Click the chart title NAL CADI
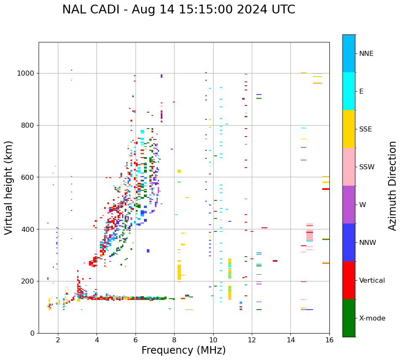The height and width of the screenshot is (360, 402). coord(178,10)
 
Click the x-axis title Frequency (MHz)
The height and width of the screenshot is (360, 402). coord(183,350)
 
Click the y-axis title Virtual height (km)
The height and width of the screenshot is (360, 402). coord(9,187)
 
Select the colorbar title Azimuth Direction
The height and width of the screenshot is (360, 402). coord(392,185)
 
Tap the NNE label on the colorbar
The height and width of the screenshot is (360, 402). coord(366,54)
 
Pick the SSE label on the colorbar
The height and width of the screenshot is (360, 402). coord(365,129)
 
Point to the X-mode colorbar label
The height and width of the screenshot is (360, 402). coord(372,318)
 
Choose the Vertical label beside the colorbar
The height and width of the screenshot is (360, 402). coord(372,281)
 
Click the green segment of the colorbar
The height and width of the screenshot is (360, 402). coord(349,318)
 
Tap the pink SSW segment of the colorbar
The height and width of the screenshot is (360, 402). coord(349,167)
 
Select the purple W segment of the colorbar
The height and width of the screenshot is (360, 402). coord(349,205)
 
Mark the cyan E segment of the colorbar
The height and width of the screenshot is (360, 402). coord(349,91)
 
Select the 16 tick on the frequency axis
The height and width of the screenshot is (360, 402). coord(329,340)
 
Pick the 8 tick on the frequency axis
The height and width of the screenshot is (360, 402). coord(174,340)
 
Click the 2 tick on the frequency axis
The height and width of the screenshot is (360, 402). coord(58,340)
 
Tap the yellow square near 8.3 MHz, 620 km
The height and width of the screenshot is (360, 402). coord(179,171)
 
